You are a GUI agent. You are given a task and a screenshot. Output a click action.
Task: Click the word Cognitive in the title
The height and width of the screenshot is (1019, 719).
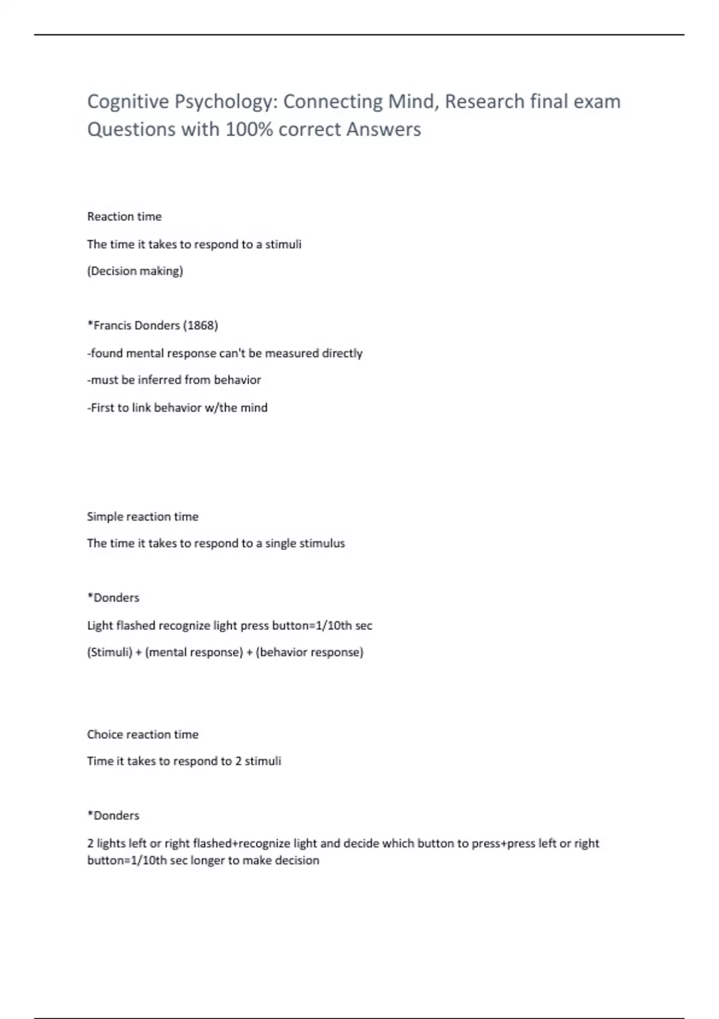pos(128,101)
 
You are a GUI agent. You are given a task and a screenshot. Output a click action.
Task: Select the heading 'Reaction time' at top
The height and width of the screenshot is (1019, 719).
pos(124,216)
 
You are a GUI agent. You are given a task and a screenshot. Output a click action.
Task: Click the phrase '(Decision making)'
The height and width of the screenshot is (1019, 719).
pos(135,271)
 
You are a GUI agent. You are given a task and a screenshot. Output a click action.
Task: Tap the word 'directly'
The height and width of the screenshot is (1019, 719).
pos(342,353)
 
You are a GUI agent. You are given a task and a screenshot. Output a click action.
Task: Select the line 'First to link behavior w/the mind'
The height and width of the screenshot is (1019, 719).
pos(177,408)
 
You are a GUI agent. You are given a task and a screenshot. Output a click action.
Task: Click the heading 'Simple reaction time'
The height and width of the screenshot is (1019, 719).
pos(143,517)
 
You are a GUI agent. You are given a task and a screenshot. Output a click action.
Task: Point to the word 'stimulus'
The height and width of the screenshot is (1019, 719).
pos(323,544)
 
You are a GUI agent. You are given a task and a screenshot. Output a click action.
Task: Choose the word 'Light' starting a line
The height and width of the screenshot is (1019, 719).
pos(100,626)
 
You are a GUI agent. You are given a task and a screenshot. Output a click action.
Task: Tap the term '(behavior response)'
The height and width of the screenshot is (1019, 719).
pos(310,652)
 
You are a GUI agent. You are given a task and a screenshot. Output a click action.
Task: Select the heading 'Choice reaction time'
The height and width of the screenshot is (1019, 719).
pos(143,734)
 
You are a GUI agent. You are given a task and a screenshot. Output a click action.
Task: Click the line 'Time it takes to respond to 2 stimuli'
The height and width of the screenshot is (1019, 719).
pos(184,761)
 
